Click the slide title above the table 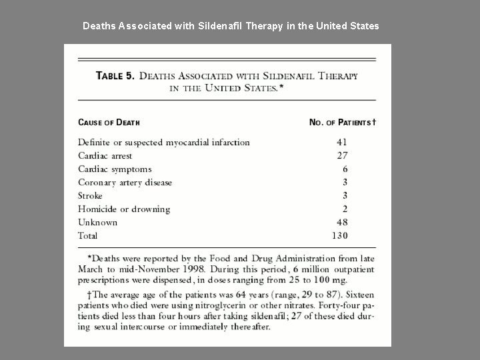coord(231,26)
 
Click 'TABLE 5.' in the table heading coord(115,76)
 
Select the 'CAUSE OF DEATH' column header coord(109,122)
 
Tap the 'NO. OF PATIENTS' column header coord(341,122)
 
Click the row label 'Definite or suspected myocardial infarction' coord(163,142)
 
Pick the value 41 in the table coord(341,142)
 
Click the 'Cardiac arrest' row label coord(105,155)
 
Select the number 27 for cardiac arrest coord(341,155)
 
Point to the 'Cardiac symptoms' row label coord(114,169)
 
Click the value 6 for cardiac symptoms coord(345,169)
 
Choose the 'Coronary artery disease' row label coord(125,183)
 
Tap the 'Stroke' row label coord(90,196)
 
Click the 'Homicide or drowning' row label coord(123,209)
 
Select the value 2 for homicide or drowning coord(345,209)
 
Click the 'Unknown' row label coord(97,223)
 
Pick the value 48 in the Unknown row coord(341,223)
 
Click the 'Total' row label coord(87,236)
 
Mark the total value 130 coord(339,236)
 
